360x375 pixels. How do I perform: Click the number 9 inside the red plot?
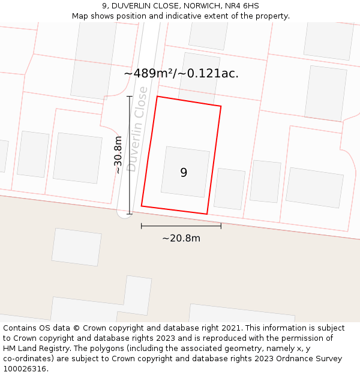pyautogui.click(x=184, y=173)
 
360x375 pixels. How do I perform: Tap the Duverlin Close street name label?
pyautogui.click(x=137, y=129)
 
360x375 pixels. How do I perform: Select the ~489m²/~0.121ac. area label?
pyautogui.click(x=181, y=74)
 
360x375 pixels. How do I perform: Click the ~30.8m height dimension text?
pyautogui.click(x=118, y=155)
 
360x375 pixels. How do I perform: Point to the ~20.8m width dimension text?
pyautogui.click(x=181, y=238)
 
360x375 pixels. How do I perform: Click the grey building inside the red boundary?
pyautogui.click(x=185, y=172)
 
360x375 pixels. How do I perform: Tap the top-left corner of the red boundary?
pyautogui.click(x=157, y=97)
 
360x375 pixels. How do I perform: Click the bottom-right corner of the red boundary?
pyautogui.click(x=207, y=214)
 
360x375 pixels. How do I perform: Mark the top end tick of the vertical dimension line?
pyautogui.click(x=129, y=96)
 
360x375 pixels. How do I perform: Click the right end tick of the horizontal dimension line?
pyautogui.click(x=221, y=226)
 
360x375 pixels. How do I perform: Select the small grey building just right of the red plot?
pyautogui.click(x=229, y=189)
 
